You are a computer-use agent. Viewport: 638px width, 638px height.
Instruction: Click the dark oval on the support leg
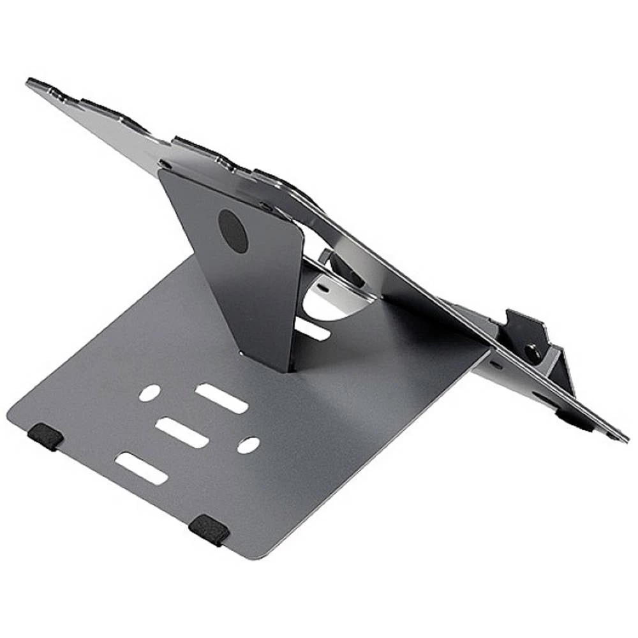[233, 230]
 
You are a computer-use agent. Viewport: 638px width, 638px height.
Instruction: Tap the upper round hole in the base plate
[149, 393]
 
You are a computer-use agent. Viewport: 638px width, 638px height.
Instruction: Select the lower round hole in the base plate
[248, 445]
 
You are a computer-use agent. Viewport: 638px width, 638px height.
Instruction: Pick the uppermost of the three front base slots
[221, 399]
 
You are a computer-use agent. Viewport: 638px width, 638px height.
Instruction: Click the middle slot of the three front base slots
[182, 433]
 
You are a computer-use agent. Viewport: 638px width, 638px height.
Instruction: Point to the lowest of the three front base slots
[142, 468]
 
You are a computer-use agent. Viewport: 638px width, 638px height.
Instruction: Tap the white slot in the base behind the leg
[313, 329]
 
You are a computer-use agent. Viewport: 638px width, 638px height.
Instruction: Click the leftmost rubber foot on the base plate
[45, 436]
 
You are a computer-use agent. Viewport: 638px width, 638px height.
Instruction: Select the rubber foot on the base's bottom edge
[209, 529]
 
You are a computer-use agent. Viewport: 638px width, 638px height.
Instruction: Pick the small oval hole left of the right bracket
[495, 365]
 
